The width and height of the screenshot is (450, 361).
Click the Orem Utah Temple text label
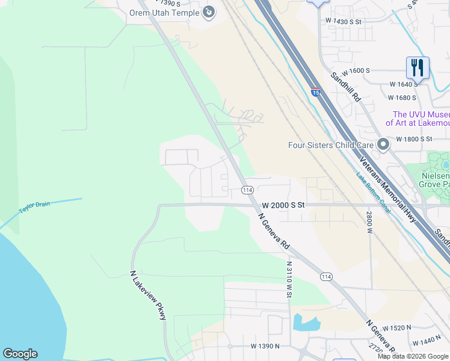164,12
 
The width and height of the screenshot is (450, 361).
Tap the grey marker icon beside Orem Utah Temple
209,12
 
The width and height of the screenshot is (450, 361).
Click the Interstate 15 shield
315,92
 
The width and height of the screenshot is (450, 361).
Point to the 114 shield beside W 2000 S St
247,190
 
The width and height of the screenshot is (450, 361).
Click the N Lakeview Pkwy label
148,295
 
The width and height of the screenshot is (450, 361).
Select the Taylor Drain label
34,206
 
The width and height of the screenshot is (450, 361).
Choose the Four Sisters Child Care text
330,145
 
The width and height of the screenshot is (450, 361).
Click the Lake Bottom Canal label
373,193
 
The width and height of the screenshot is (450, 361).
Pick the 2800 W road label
369,222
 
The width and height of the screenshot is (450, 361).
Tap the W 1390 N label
265,347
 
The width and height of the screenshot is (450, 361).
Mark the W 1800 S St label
414,139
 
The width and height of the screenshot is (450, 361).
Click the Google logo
20,354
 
